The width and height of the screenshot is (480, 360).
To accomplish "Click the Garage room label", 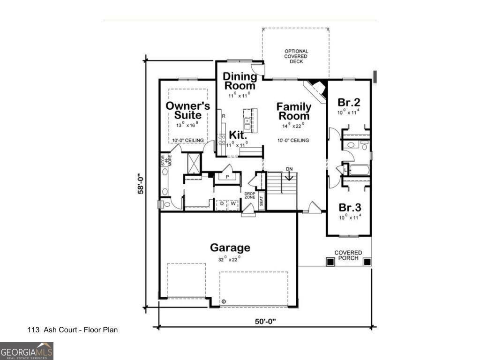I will tap(230, 247).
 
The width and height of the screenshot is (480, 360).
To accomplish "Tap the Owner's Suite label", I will tap(187, 110).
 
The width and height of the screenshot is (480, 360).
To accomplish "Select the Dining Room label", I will tap(240, 81).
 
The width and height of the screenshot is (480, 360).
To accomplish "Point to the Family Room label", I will tap(293, 111).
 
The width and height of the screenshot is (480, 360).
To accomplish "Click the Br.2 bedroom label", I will tap(349, 102).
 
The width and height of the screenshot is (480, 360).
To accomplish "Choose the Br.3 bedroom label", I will tap(349, 207).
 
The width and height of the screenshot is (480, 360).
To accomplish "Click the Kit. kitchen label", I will tap(238, 135).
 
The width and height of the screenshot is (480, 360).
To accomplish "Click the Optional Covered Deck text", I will tap(296, 56).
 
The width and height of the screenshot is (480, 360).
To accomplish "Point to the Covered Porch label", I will tap(348, 255).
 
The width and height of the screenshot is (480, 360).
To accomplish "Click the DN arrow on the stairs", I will tap(289, 174).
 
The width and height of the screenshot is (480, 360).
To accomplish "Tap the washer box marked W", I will tap(232, 204).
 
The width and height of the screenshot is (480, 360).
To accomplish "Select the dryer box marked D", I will tap(222, 204).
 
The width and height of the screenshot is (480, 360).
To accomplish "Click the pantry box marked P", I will tap(227, 177).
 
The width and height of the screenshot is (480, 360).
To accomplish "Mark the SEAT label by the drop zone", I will tap(262, 200).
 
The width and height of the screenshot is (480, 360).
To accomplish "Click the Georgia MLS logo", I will tap(27, 351).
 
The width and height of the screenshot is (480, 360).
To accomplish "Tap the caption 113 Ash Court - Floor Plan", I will tap(73, 330).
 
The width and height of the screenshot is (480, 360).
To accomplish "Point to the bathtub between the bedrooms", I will tap(359, 170).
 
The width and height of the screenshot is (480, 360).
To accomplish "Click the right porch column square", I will tap(367, 262).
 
